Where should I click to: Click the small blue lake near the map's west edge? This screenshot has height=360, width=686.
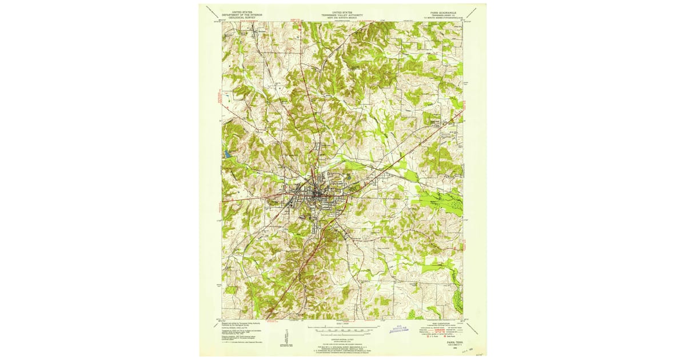pyautogui.click(x=228, y=154)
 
